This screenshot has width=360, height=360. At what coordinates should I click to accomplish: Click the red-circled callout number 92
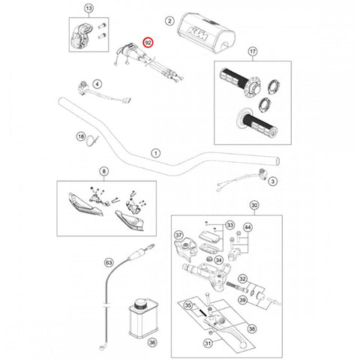[148, 43]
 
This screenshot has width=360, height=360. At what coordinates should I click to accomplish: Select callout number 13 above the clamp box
[89, 8]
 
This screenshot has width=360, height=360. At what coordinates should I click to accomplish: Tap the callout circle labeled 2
[169, 21]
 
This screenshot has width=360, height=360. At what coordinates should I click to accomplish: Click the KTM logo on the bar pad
[199, 34]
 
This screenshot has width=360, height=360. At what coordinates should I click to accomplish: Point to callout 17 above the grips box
[253, 52]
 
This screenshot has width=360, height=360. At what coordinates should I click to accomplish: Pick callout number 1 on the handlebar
[156, 153]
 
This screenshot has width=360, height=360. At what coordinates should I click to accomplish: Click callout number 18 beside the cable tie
[81, 136]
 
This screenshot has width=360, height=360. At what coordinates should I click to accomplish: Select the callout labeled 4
[97, 84]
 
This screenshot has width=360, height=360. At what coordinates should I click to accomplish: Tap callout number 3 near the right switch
[273, 181]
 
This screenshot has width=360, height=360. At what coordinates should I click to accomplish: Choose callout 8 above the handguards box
[104, 171]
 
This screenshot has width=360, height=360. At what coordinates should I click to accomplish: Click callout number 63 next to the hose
[109, 262]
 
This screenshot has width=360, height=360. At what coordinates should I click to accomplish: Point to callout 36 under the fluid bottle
[152, 342]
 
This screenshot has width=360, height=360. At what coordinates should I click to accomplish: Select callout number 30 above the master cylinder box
[254, 205]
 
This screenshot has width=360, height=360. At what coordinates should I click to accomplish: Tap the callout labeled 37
[178, 235]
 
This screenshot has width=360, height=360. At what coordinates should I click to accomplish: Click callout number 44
[247, 227]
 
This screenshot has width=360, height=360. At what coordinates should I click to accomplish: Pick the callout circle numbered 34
[219, 260]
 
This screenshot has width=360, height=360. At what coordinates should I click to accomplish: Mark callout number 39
[242, 300]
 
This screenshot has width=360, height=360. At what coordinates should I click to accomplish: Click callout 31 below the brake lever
[208, 343]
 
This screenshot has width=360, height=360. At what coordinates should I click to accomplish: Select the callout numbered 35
[188, 305]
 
